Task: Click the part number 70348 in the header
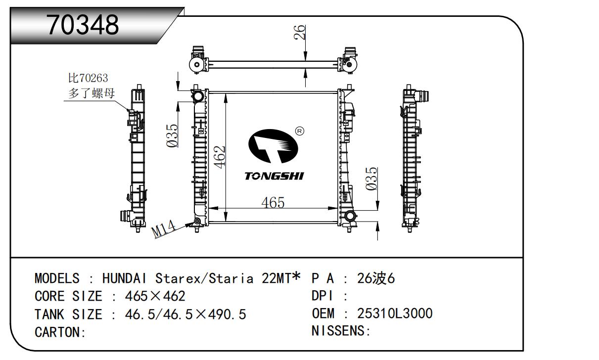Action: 83,25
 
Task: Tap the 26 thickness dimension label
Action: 299,32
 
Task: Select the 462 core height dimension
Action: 220,157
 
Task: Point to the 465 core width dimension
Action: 273,203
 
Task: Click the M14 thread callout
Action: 163,229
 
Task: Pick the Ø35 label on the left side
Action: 172,136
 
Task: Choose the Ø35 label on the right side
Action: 371,179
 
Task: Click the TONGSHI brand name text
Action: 274,176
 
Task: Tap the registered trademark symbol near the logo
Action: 300,131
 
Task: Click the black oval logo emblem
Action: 273,146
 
